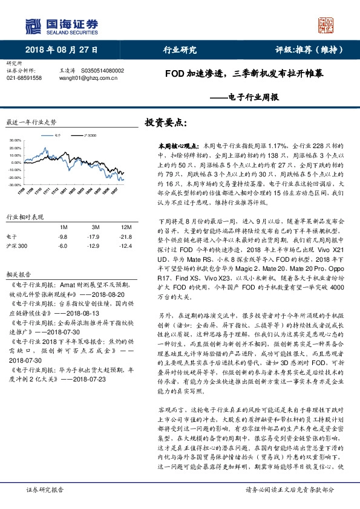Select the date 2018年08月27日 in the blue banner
pos(62,50)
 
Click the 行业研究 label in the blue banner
pos(180,50)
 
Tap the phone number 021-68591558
pos(24,78)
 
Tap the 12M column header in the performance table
pos(126,226)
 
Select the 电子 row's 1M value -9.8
pos(62,236)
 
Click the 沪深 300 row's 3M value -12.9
pos(93,246)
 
